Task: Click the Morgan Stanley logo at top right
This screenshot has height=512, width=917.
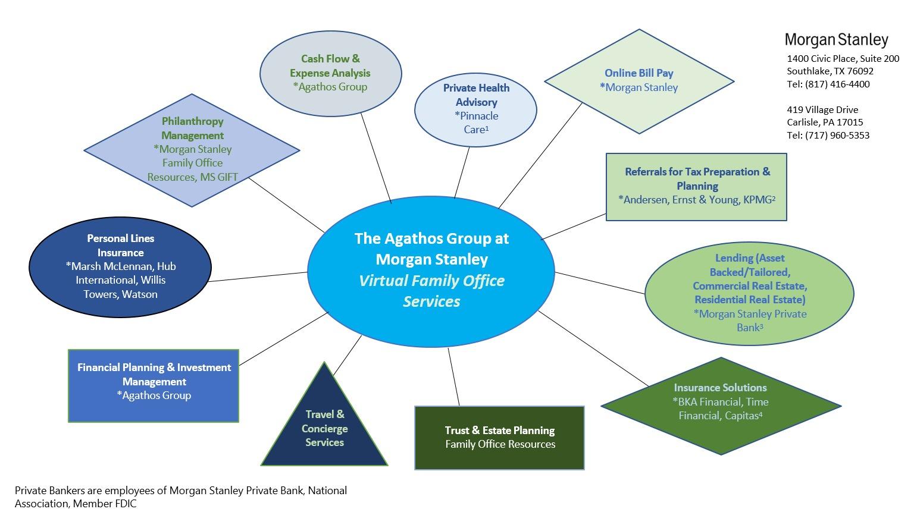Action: click(x=836, y=40)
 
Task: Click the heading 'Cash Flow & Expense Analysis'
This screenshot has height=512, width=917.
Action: click(x=330, y=66)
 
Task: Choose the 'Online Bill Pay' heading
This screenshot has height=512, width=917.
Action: click(x=639, y=73)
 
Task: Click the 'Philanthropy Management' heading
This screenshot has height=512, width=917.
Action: click(x=192, y=128)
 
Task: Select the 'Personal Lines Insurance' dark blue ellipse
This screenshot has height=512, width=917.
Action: click(x=120, y=266)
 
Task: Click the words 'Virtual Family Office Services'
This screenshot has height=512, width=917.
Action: click(x=431, y=291)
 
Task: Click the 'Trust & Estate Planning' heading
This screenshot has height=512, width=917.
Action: click(x=499, y=430)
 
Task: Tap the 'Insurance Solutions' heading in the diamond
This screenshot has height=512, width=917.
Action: click(x=720, y=388)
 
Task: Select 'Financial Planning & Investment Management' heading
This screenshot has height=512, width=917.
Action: click(x=154, y=374)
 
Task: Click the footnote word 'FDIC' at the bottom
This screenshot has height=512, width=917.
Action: click(x=126, y=504)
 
